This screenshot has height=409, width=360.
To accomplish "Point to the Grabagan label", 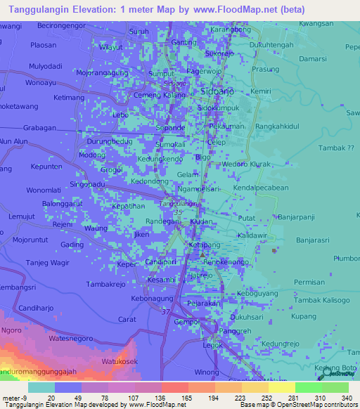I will (39, 128).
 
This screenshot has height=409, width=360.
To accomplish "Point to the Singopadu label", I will (91, 184).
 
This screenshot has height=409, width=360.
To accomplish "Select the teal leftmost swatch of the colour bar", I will (41, 387).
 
